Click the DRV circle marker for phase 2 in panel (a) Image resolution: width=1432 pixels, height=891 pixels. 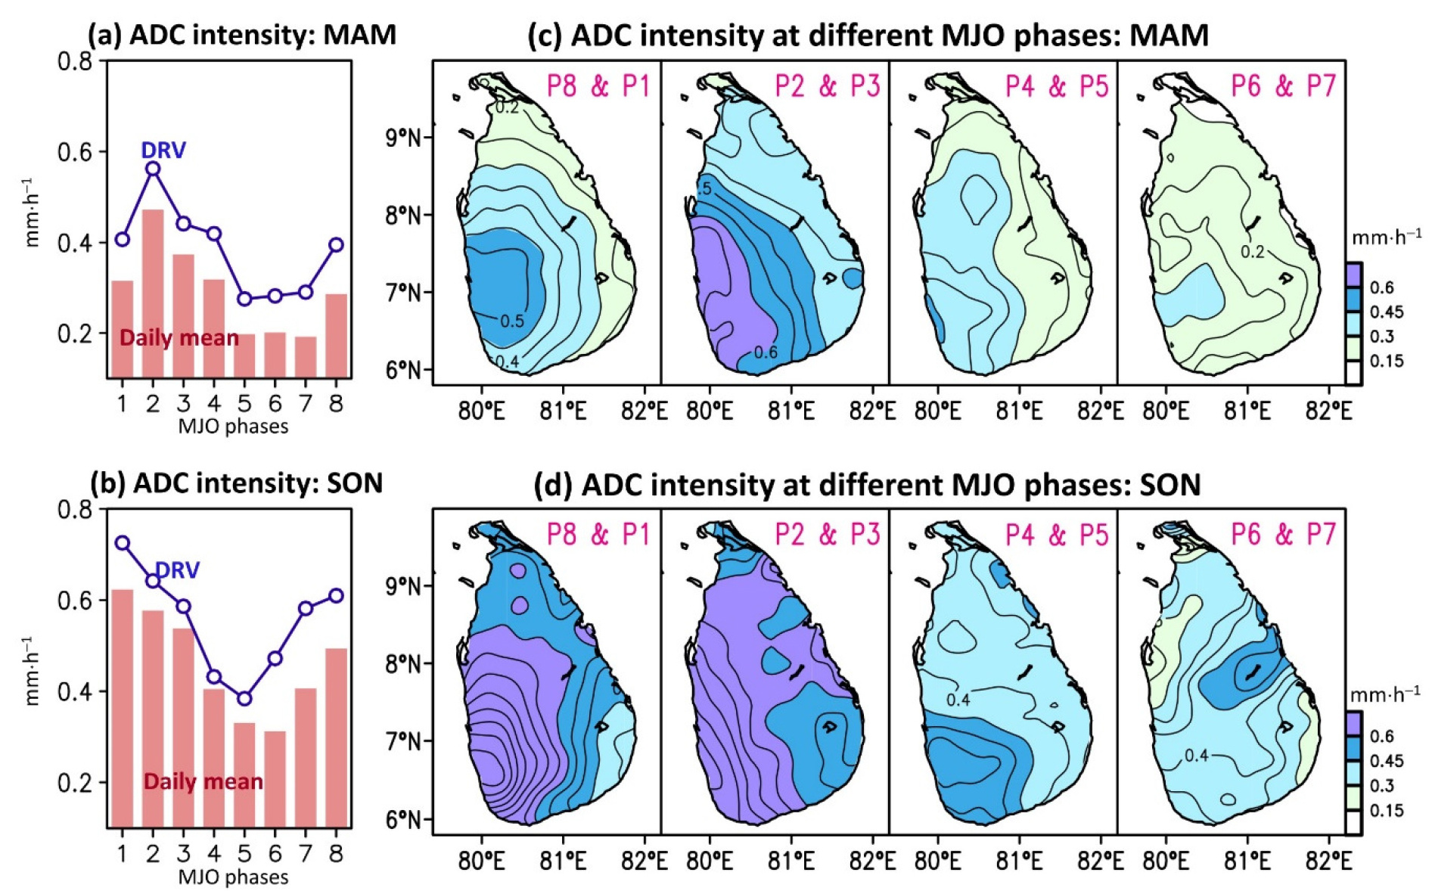point(153,169)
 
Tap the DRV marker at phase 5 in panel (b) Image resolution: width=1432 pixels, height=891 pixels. point(244,699)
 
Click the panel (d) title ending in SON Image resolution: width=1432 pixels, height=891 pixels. point(867,484)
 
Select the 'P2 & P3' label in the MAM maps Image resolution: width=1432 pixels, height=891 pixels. point(828,86)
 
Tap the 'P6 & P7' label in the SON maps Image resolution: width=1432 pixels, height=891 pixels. point(1284,535)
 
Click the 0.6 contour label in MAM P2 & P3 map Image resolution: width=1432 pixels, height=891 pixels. point(765,352)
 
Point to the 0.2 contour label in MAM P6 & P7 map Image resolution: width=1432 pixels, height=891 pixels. point(1252,252)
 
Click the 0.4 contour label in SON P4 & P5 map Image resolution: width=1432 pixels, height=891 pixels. point(958,700)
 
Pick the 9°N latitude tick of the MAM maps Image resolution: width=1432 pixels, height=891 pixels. point(402,138)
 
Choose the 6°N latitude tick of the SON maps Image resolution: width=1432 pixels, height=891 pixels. point(402,819)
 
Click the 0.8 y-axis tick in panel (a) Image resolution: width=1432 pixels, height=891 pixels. point(75,61)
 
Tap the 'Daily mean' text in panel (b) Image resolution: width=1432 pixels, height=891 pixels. point(203,781)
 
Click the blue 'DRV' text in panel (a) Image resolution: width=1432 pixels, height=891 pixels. point(163,151)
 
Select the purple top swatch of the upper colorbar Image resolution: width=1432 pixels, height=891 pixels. point(1353,275)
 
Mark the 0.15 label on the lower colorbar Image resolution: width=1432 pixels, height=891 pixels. point(1387,810)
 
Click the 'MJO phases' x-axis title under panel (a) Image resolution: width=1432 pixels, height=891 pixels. point(233,427)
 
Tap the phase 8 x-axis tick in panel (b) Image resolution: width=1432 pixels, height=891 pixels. point(336,853)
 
